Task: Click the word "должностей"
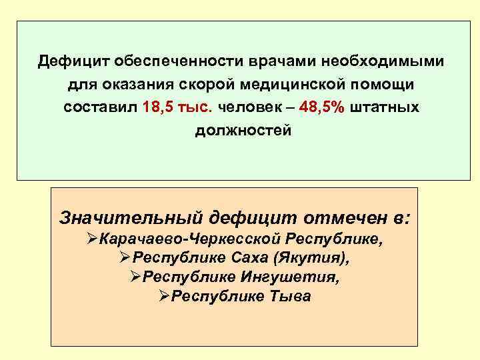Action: coord(243,131)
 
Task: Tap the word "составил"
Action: coord(100,108)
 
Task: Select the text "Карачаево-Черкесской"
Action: coord(189,239)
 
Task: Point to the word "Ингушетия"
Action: coord(297,277)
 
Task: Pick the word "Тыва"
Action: coord(288,296)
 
